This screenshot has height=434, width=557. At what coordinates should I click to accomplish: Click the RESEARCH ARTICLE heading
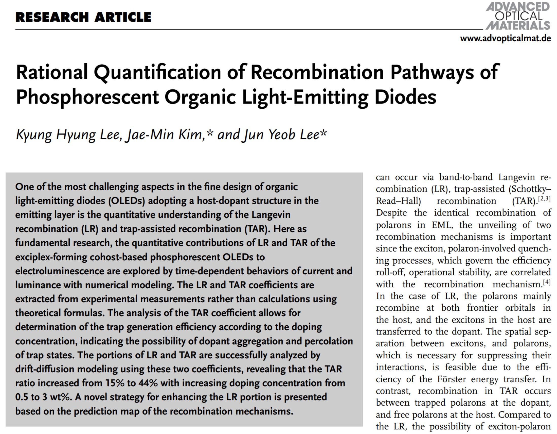pos(83,17)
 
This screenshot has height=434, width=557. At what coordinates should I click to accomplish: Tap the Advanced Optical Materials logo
pos(518,16)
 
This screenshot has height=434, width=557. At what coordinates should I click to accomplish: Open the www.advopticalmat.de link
pos(505,38)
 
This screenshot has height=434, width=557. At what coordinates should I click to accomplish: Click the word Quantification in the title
pos(157,72)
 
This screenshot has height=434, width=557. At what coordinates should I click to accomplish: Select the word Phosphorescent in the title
pos(87,97)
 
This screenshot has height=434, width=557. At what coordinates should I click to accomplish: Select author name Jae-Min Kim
pos(164,134)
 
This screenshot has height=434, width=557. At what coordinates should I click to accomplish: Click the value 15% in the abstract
pos(115,383)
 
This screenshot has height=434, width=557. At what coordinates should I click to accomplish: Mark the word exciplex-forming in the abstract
pos(51,257)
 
